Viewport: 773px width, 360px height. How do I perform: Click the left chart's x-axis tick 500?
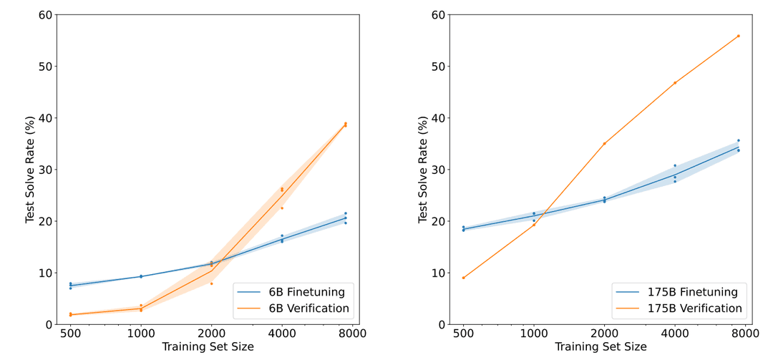tap(70, 334)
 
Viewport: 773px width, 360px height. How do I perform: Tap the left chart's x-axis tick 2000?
tap(211, 334)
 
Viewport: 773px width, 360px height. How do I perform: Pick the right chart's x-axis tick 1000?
tap(533, 334)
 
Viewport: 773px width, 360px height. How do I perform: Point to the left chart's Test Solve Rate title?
tap(30, 170)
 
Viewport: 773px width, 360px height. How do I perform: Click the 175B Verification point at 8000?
tap(738, 36)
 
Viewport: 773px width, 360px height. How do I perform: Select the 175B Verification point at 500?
tap(463, 278)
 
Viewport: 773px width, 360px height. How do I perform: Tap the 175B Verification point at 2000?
tap(604, 143)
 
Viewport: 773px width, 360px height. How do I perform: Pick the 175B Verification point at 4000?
tap(674, 82)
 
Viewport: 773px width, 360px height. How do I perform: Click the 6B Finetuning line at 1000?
tap(141, 276)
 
